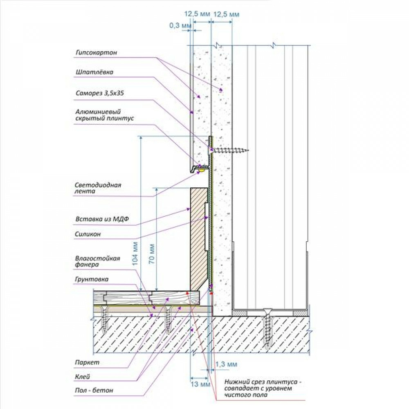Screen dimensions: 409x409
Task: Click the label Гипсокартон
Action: (96, 53)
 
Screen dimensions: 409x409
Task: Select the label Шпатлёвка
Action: (94, 72)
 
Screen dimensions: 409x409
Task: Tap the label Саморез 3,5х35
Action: (100, 93)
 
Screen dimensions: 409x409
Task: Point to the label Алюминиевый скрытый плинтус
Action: (105, 115)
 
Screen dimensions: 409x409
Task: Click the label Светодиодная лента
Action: (98, 188)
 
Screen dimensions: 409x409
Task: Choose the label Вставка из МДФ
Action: (102, 219)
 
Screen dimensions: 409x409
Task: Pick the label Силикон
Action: (88, 234)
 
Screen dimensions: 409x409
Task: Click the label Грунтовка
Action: (92, 279)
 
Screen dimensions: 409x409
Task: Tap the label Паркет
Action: (87, 362)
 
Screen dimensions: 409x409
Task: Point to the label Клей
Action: (83, 377)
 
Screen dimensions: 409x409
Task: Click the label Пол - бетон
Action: (94, 391)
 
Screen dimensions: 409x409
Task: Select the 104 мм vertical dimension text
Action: (135, 254)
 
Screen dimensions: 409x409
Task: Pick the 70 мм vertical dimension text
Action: (152, 254)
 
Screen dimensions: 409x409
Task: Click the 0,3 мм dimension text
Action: (180, 25)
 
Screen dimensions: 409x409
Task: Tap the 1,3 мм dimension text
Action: (226, 364)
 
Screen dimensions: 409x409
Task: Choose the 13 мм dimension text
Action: (200, 384)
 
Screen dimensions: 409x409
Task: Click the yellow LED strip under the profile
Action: (201, 170)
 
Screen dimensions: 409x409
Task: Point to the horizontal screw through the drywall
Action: (229, 150)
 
